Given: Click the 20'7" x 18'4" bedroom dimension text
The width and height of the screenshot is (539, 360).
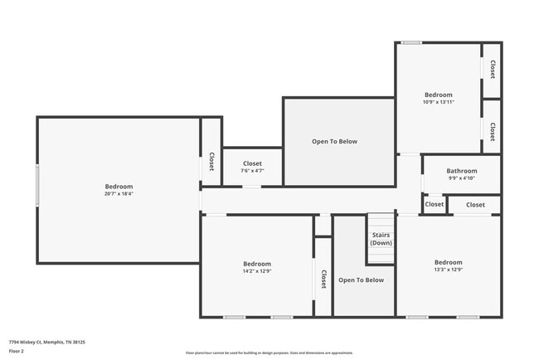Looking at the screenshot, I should point(119,194).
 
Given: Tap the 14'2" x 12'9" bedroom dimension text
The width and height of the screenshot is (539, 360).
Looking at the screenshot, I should point(257,270).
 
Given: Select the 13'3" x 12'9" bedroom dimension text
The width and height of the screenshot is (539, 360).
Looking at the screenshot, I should point(448,270).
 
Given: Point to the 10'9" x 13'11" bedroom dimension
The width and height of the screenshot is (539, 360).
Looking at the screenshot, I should point(439,102).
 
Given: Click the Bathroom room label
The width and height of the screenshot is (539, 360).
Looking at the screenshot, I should point(462,171).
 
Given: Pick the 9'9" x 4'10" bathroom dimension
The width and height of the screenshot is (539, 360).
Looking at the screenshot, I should point(462,178).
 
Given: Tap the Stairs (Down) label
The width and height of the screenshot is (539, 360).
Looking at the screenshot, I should point(381,239).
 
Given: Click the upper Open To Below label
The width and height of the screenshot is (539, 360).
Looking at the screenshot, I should point(334,142).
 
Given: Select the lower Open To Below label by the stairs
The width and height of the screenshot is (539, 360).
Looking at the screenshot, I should point(361,280).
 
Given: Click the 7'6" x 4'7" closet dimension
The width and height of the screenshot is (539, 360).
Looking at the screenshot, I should point(252,171).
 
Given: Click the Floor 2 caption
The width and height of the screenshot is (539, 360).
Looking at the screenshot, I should point(17,351).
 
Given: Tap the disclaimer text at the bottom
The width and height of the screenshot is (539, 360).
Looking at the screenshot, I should point(269,353).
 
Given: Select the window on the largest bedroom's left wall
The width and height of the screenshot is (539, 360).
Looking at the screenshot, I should point(36,186).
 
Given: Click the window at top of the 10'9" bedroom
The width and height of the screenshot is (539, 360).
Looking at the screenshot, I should point(410,42).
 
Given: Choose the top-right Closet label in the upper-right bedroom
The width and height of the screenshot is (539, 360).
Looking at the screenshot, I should point(492,70).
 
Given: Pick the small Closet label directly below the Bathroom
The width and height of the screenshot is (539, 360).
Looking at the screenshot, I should point(434,204).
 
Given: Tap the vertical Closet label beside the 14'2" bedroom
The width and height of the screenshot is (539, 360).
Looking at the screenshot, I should point(323,278).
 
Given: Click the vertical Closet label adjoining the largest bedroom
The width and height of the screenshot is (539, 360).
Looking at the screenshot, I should point(211,161).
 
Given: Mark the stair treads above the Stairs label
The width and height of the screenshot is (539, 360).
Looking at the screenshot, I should point(381,221).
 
